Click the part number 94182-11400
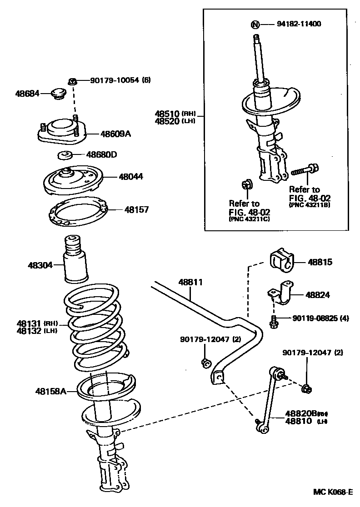coord(299,24)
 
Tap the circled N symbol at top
coord(256,25)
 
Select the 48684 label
coord(26,94)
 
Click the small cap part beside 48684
coord(57,94)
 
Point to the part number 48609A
coord(115,134)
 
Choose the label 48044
coord(131,177)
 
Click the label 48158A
coord(51,391)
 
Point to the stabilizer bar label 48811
coord(190,282)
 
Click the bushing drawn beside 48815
coord(282,262)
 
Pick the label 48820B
coord(300,413)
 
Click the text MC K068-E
coord(332,492)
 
